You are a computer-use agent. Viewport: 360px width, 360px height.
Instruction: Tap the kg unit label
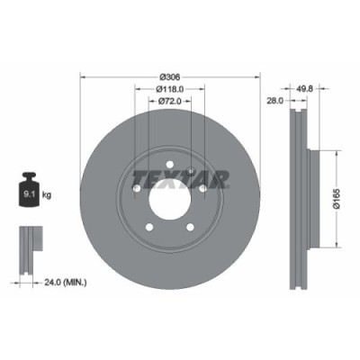tap(46, 193)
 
